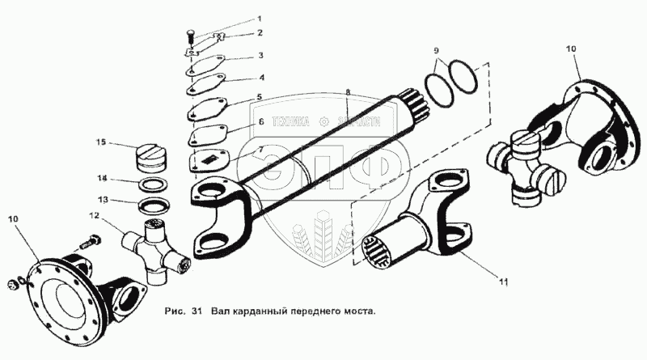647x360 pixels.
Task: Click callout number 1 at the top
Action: (x=260, y=18)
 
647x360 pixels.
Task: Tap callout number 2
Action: (x=260, y=33)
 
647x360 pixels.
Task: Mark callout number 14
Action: (x=102, y=177)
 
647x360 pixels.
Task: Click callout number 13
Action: (x=102, y=199)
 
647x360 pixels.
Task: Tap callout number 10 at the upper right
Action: (x=572, y=49)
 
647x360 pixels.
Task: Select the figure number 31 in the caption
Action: (x=196, y=311)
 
